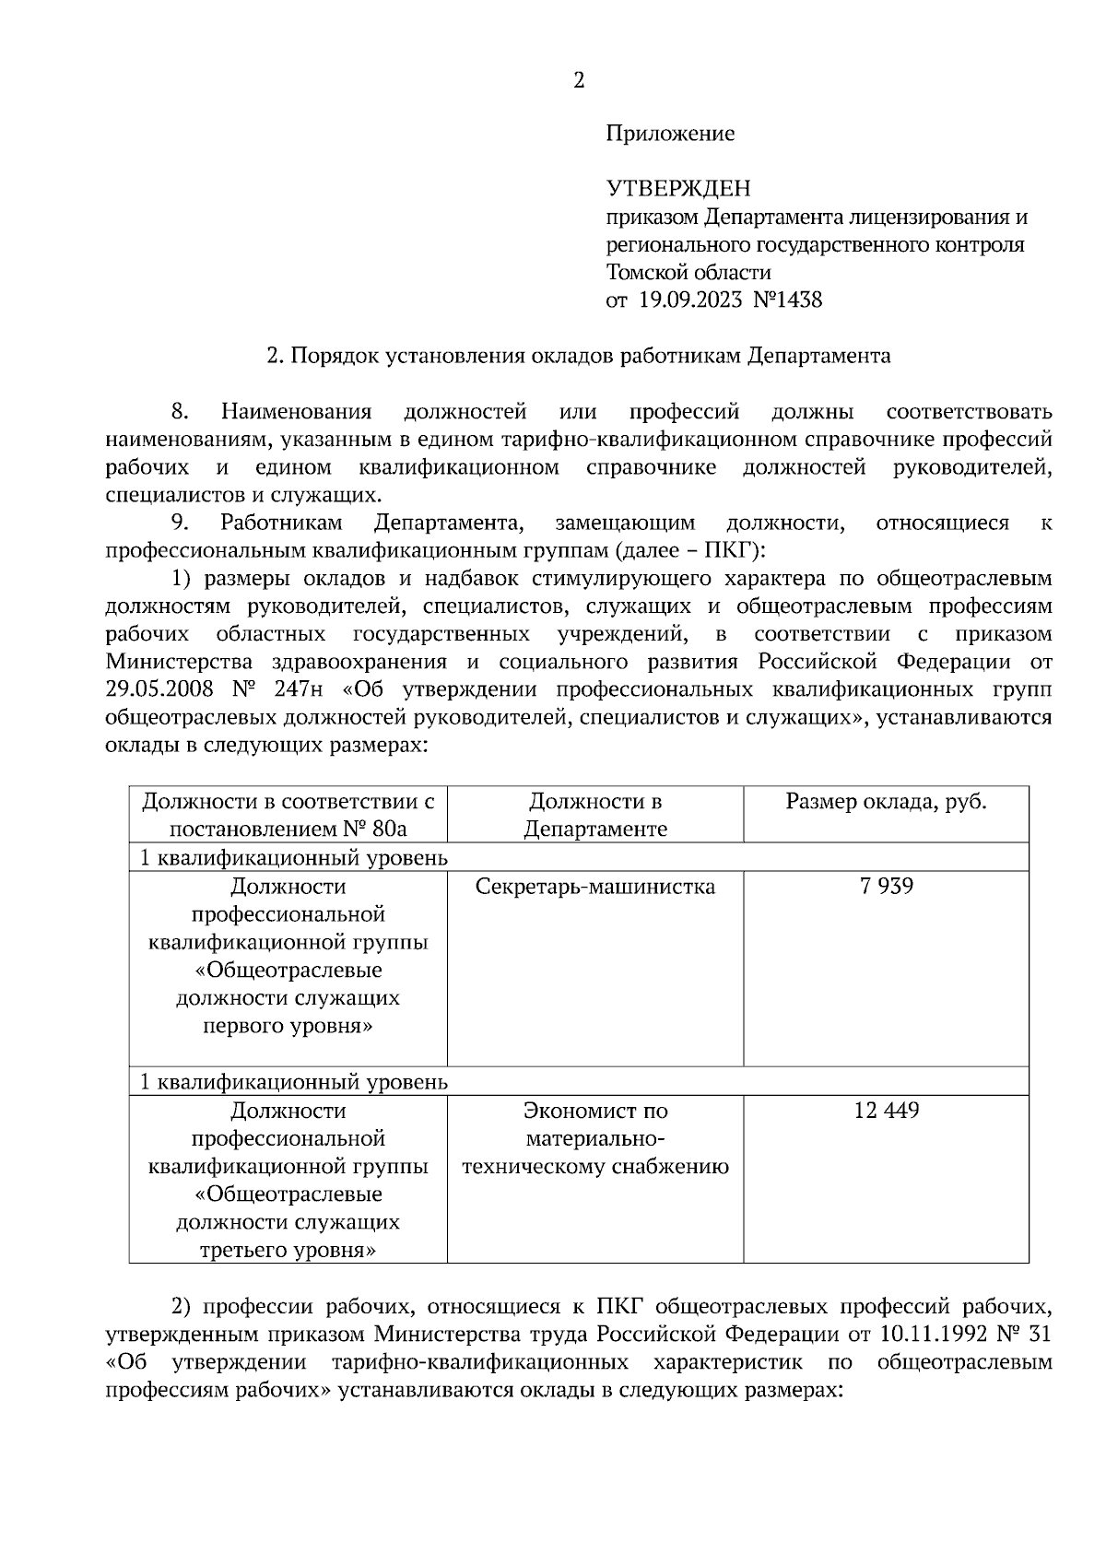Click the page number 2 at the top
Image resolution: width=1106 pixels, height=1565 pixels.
579,81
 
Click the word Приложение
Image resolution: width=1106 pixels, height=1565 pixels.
670,134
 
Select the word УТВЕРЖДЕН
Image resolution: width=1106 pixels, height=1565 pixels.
678,189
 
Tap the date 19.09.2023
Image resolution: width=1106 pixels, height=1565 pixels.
690,300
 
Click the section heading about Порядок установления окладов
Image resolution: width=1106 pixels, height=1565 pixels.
578,356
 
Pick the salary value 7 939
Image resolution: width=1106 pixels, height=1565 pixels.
886,887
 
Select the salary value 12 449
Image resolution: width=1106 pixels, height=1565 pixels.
886,1111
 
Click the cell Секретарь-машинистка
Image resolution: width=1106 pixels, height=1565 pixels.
595,887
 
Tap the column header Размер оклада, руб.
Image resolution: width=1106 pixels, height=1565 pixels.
886,802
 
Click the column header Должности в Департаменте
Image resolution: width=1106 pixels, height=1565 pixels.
595,815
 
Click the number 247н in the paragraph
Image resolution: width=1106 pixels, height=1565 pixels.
304,689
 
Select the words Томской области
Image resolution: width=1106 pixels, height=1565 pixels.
688,272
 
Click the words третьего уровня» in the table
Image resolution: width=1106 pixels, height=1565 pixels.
288,1251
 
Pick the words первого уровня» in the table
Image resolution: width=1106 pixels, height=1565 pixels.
288,1026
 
